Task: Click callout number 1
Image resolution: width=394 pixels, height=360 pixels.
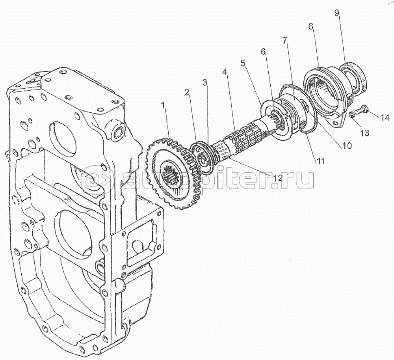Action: click(163, 105)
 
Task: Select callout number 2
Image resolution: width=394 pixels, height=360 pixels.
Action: click(187, 93)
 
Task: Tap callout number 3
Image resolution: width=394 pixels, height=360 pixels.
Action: click(205, 82)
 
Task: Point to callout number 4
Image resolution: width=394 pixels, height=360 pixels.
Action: click(225, 73)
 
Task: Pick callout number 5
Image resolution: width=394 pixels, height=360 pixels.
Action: click(243, 63)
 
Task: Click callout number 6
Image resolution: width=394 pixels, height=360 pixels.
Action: click(263, 52)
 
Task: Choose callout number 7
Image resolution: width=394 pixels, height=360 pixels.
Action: click(284, 40)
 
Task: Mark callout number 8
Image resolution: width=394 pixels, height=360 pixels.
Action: click(311, 26)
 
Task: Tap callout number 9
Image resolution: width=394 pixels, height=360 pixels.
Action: click(337, 13)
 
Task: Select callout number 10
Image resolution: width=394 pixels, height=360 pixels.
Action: click(346, 145)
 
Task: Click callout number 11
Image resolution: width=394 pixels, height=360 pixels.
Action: click(320, 160)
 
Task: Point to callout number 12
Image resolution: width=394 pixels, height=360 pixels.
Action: click(277, 177)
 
